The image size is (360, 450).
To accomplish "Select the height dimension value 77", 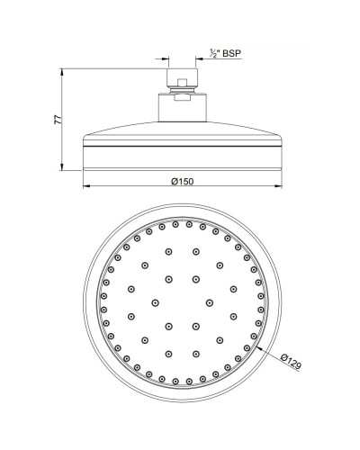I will pyautogui.click(x=55, y=117).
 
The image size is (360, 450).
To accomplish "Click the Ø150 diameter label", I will pyautogui.click(x=183, y=182).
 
